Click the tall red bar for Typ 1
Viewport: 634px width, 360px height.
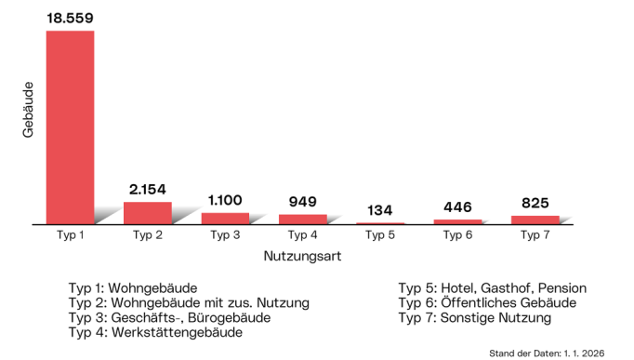(x=70, y=127)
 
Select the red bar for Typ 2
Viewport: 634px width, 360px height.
(x=148, y=213)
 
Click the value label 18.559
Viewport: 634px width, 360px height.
(x=70, y=17)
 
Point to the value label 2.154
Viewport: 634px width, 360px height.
(x=148, y=189)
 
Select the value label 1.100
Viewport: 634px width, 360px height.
(x=225, y=200)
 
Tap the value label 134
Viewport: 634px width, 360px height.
(x=379, y=210)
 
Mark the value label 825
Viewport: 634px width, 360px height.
(x=535, y=202)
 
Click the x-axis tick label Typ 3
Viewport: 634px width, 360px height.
(x=225, y=235)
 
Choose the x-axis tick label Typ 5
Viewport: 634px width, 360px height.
(x=379, y=235)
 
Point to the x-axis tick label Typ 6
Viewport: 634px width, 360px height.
(x=457, y=235)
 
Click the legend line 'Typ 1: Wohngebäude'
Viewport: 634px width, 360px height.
(x=133, y=288)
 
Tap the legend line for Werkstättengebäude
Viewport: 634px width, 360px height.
(x=155, y=333)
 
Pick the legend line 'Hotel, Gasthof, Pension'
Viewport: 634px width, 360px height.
(x=493, y=288)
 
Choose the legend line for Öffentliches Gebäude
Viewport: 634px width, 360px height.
(x=487, y=303)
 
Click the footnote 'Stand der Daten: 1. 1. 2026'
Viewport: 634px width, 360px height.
(x=555, y=353)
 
